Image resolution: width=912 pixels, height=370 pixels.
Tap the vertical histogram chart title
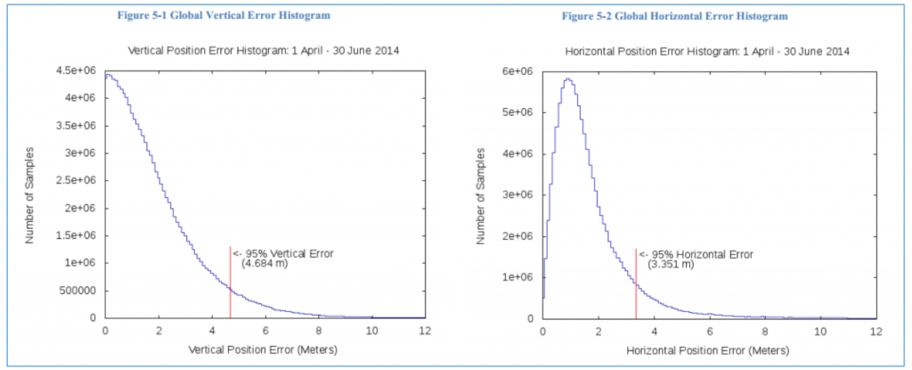(265, 51)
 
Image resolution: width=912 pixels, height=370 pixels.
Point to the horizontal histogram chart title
(708, 51)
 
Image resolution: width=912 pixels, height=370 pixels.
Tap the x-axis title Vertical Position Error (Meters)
(265, 349)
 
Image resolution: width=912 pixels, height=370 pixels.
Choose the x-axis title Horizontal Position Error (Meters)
(708, 349)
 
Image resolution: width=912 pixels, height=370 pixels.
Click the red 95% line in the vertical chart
(230, 285)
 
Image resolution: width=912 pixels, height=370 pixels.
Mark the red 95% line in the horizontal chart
(636, 285)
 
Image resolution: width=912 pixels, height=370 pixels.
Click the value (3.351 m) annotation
(671, 265)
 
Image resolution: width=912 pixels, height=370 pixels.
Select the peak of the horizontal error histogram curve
(566, 79)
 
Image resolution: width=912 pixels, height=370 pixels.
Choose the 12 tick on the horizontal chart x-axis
(875, 330)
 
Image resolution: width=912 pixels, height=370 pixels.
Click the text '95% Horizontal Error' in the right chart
(702, 254)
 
